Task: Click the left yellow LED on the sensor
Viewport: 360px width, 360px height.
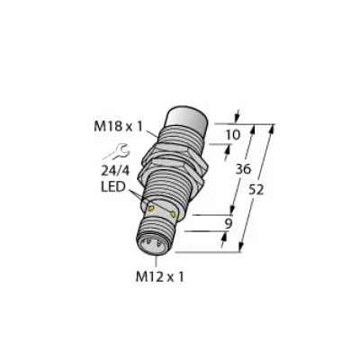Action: pos(150,209)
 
